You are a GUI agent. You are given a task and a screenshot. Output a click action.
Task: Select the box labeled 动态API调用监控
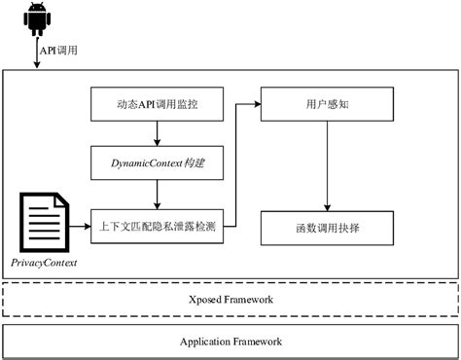pyautogui.click(x=156, y=102)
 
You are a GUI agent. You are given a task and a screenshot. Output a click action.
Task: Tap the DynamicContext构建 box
pyautogui.click(x=156, y=162)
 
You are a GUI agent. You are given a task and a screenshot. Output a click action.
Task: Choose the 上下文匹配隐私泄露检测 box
pyautogui.click(x=156, y=226)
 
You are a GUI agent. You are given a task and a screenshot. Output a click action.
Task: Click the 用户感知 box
pyautogui.click(x=326, y=102)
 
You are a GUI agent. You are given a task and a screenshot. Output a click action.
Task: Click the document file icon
pyautogui.click(x=44, y=223)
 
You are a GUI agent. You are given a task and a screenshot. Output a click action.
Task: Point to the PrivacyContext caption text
pyautogui.click(x=44, y=263)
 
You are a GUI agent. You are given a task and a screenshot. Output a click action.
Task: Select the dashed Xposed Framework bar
pyautogui.click(x=230, y=300)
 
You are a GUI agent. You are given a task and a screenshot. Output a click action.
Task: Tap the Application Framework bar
pyautogui.click(x=230, y=342)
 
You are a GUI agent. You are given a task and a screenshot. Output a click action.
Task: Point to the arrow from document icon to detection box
pyautogui.click(x=78, y=226)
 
